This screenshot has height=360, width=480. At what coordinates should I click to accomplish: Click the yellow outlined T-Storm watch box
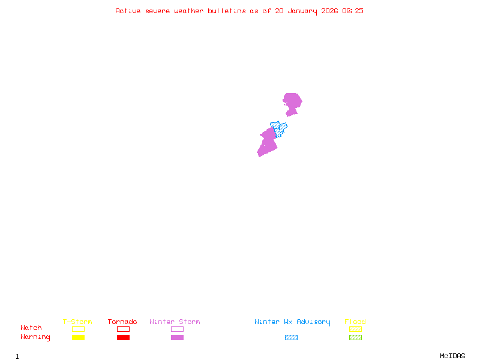click(x=78, y=329)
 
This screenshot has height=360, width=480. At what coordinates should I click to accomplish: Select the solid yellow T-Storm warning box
click(x=78, y=337)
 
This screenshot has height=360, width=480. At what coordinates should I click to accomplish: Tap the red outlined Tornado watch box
click(x=123, y=329)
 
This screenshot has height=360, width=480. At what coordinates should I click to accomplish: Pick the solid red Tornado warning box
click(x=123, y=337)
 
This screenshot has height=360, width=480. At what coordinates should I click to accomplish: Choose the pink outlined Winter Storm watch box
click(x=177, y=329)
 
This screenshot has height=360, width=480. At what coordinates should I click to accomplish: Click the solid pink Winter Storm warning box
click(x=177, y=337)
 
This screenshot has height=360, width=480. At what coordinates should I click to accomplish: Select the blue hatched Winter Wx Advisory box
click(x=291, y=337)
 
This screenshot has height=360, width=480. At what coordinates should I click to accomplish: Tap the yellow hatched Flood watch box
click(x=355, y=329)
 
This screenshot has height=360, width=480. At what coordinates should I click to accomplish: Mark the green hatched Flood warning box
click(x=355, y=337)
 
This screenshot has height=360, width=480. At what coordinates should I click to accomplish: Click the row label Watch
click(x=31, y=328)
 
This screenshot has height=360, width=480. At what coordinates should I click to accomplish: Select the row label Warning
click(x=35, y=337)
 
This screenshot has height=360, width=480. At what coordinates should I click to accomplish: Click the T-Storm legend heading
click(x=77, y=322)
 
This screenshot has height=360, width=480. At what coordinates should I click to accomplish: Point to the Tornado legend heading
click(x=122, y=322)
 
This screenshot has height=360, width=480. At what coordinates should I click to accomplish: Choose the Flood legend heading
click(x=355, y=322)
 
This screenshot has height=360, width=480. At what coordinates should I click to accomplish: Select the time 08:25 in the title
click(x=352, y=11)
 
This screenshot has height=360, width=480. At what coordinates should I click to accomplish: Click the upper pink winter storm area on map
click(x=292, y=101)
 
